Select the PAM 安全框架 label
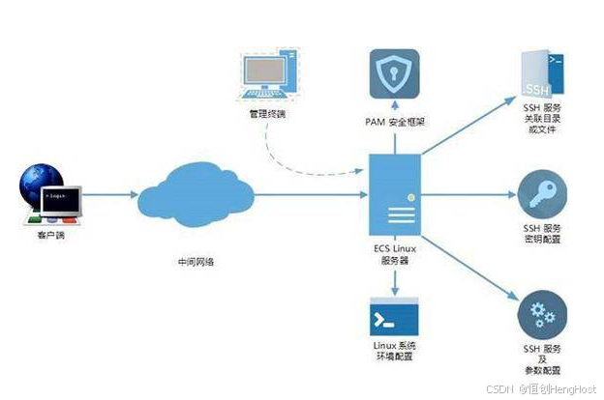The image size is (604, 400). [393, 125]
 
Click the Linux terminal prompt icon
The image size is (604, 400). [394, 319]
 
